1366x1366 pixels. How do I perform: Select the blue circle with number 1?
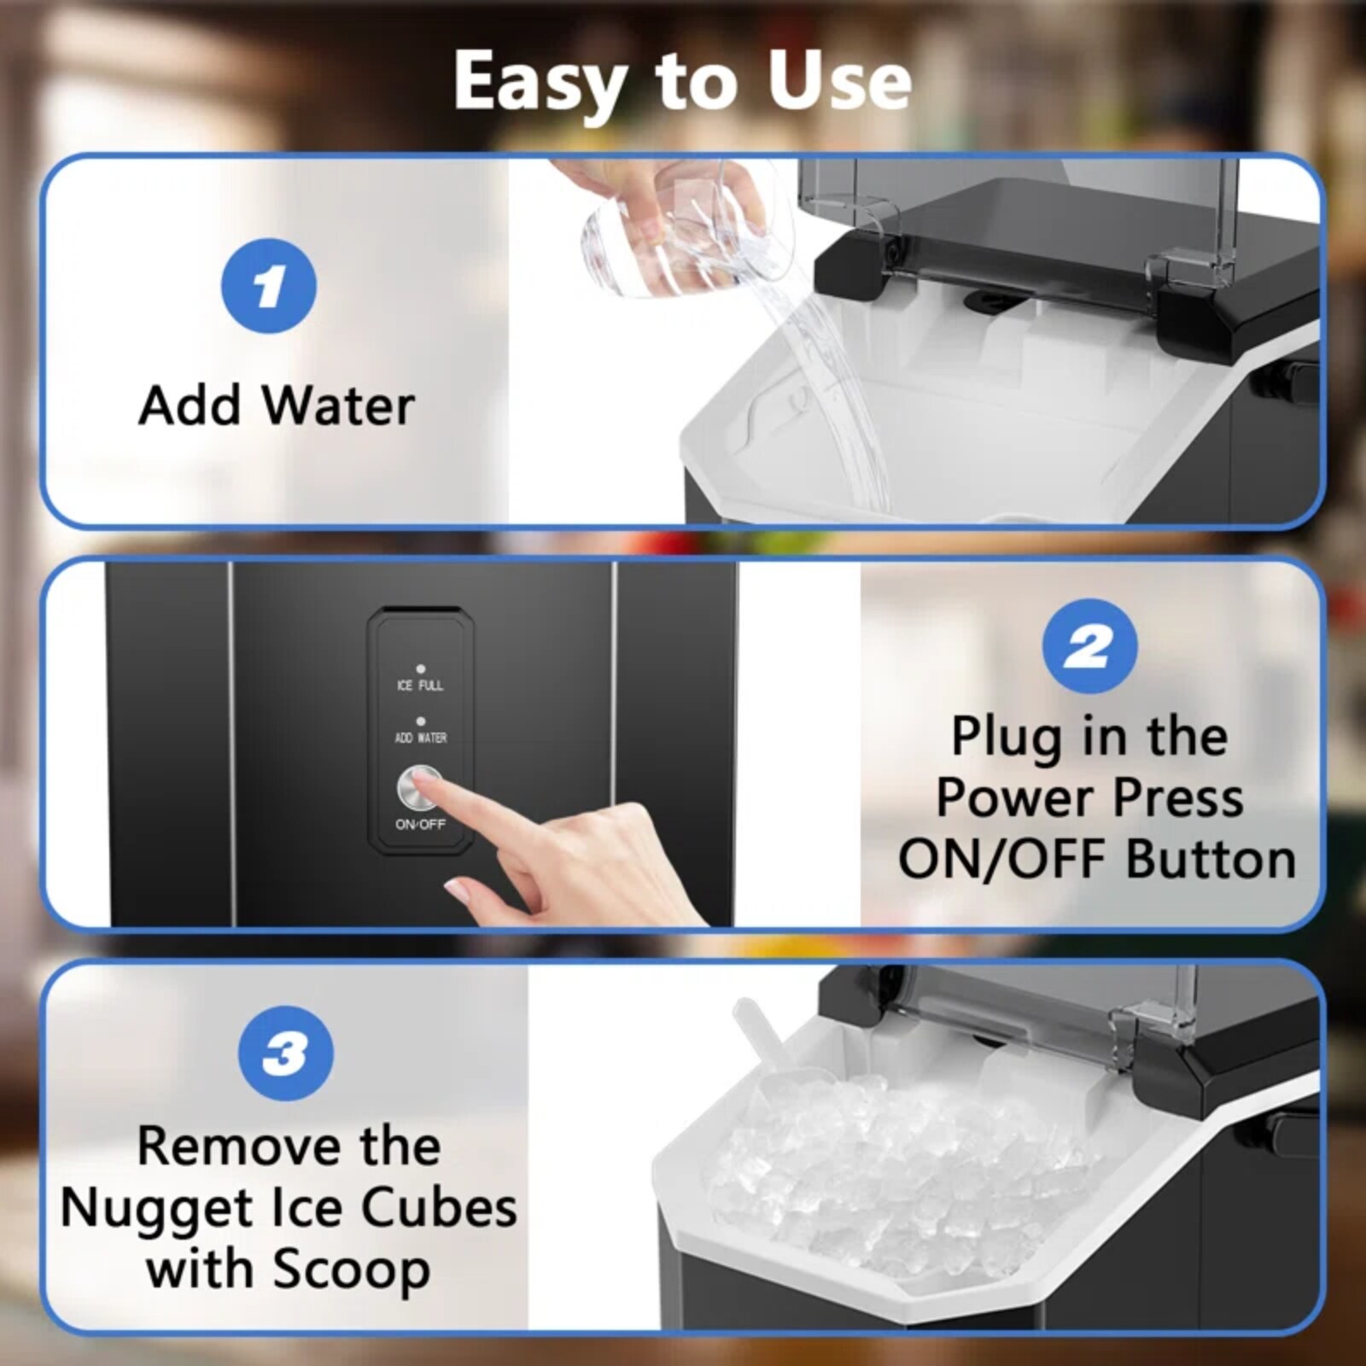(x=269, y=286)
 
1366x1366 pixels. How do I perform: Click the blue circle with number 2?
(x=1089, y=646)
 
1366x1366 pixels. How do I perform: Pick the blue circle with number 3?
(x=285, y=1053)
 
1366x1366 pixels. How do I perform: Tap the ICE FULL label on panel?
(x=420, y=686)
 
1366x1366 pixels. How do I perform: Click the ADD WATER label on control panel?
(x=420, y=738)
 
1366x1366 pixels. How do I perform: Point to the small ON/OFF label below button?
(x=420, y=825)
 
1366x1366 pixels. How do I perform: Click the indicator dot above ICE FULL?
(x=420, y=669)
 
